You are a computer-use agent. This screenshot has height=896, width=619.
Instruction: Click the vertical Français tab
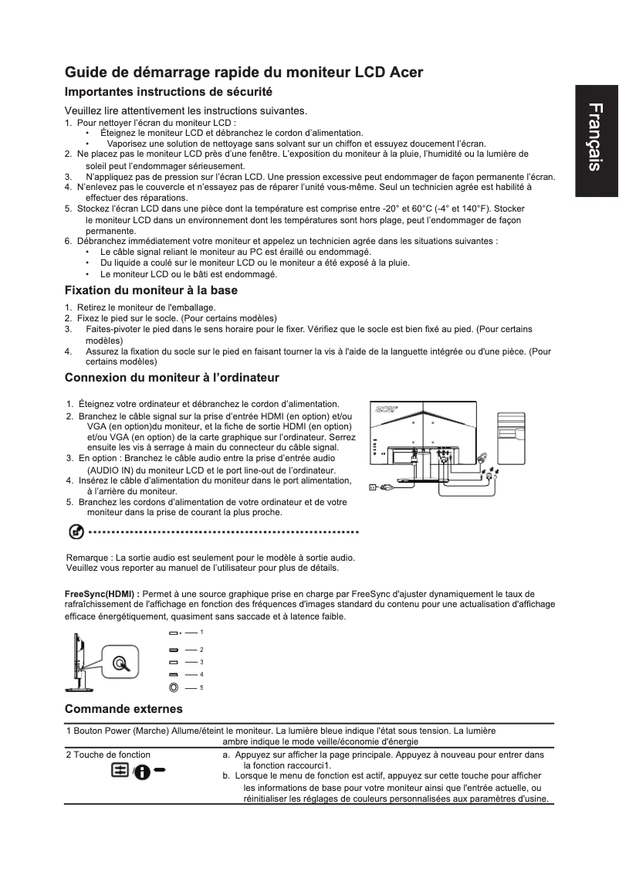tap(596, 146)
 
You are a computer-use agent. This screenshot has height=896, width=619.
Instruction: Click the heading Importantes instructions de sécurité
tap(168, 92)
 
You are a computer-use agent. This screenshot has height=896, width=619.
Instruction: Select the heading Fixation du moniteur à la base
tap(151, 290)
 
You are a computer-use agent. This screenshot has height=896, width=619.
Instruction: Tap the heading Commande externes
tap(123, 708)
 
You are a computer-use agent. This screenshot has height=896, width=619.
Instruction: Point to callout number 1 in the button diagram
tap(201, 633)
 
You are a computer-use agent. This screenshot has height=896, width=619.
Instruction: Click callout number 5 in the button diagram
tap(201, 687)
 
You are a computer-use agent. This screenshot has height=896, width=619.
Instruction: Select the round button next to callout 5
tap(174, 687)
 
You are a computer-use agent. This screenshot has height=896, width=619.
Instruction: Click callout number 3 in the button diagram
tap(201, 662)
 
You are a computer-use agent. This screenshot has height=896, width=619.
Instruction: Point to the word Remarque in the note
tap(87, 557)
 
